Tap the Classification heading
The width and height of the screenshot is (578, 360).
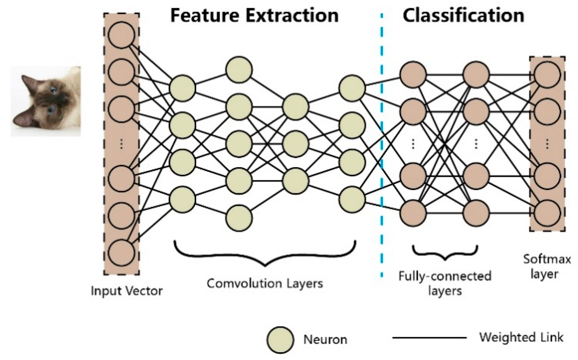click(463, 15)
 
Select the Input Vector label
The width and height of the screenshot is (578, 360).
click(127, 291)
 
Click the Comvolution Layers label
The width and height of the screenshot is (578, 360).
click(265, 284)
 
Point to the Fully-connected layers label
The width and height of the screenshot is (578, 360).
click(445, 283)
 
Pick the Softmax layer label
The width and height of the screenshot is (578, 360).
click(547, 266)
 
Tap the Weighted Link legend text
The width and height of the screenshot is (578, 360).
click(521, 337)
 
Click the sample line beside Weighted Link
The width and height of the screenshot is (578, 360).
click(429, 338)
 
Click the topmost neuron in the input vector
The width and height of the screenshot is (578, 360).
click(121, 35)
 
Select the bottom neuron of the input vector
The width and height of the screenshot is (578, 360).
click(121, 252)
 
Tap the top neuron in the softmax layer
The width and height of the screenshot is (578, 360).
click(547, 75)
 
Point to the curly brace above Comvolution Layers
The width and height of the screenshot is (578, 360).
click(265, 254)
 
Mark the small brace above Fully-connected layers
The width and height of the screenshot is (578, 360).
click(445, 252)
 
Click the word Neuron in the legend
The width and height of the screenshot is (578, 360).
click(325, 340)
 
